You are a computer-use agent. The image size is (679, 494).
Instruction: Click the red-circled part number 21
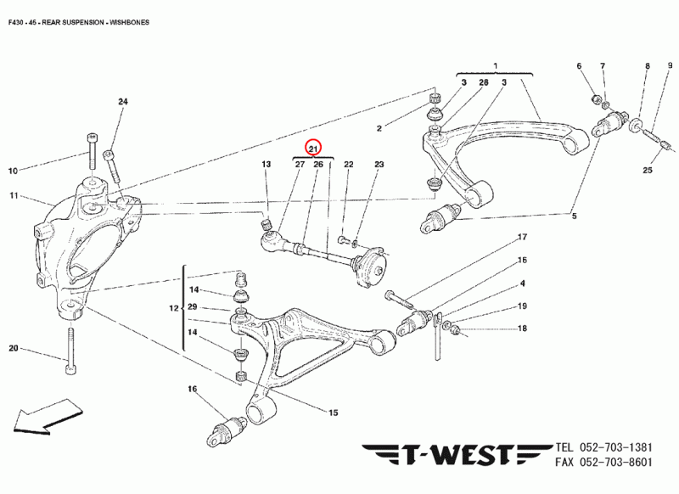pyautogui.click(x=314, y=149)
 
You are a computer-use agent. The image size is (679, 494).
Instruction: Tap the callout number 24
pyautogui.click(x=122, y=102)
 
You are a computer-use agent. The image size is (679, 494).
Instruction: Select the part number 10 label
pyautogui.click(x=13, y=171)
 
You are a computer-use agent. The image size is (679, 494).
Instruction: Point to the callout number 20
pyautogui.click(x=13, y=348)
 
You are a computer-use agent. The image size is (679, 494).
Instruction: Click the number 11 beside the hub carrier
pyautogui.click(x=14, y=196)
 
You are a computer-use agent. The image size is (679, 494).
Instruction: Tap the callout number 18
pyautogui.click(x=523, y=328)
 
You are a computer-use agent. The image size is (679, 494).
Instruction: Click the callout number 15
pyautogui.click(x=334, y=413)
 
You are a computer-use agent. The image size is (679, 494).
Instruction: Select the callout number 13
pyautogui.click(x=266, y=164)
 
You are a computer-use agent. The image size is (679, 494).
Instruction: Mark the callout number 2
pyautogui.click(x=380, y=128)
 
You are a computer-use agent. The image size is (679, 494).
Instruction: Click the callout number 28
pyautogui.click(x=483, y=82)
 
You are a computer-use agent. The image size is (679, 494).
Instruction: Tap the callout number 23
pyautogui.click(x=379, y=164)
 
